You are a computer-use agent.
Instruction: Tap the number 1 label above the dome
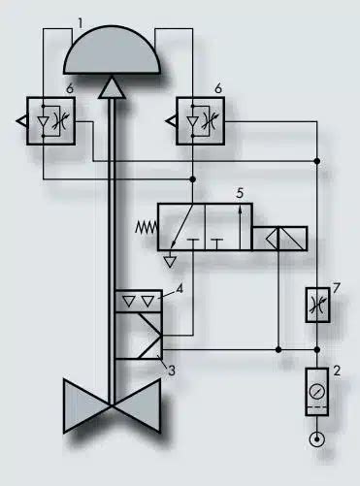(81, 18)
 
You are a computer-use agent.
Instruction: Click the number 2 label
(337, 371)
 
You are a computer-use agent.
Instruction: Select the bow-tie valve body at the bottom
(113, 404)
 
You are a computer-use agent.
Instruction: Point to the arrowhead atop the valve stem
(113, 88)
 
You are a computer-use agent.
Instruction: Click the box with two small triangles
(138, 301)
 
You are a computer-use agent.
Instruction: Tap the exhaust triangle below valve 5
(171, 259)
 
